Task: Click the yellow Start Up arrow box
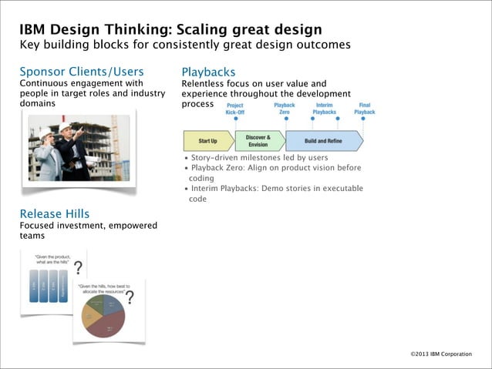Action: [x=207, y=141]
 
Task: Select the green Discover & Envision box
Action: [x=258, y=141]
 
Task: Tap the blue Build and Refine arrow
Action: [x=322, y=141]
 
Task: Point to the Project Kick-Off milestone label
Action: [x=234, y=109]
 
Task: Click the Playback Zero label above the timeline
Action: [x=284, y=109]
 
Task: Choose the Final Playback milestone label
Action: [x=364, y=109]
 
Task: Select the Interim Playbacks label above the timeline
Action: [x=324, y=109]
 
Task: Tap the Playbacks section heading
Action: [x=208, y=72]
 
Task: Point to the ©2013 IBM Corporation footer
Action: [x=440, y=354]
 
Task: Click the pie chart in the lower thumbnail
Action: [x=103, y=314]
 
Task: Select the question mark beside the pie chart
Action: [x=130, y=297]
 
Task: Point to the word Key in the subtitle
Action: [x=29, y=45]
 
